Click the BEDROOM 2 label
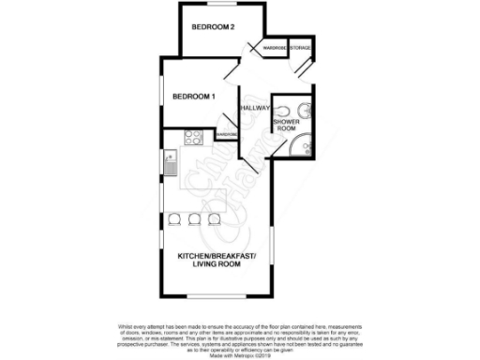coord(212,27)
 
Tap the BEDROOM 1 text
coord(194,97)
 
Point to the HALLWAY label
coord(255,110)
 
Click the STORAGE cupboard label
coord(300,47)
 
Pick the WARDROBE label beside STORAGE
coord(274,47)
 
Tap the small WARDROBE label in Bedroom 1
coord(227,134)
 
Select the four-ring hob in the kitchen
coord(194,139)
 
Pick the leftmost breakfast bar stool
coord(174,219)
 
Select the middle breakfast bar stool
coord(195,219)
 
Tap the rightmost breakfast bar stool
coord(215,219)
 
